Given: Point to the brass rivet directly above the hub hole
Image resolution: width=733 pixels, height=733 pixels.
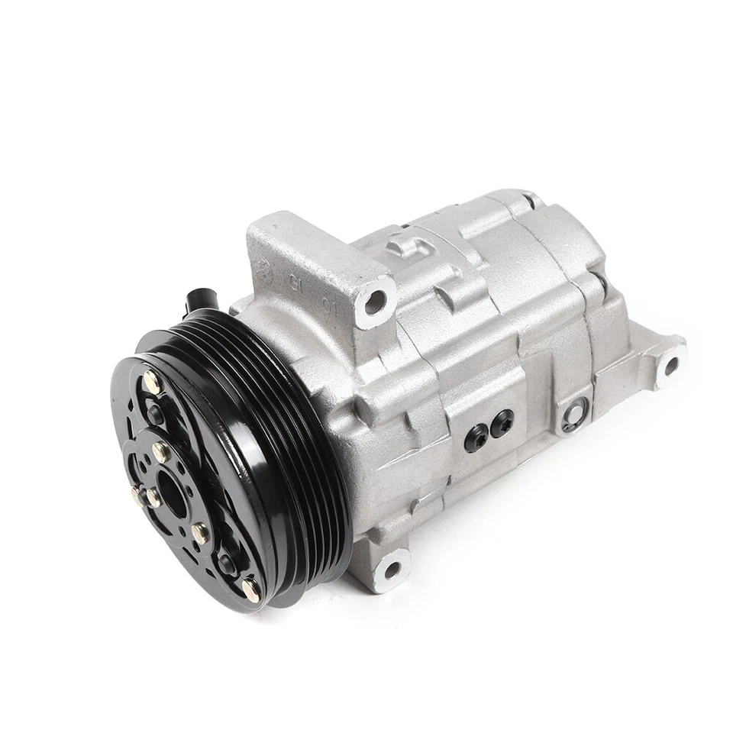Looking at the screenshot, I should [160, 451].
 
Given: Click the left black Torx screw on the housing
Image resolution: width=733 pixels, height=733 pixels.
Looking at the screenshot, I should [475, 438].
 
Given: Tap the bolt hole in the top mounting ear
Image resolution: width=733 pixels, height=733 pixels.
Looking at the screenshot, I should [374, 303].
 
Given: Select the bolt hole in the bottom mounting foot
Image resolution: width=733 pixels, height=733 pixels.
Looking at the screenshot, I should [392, 569].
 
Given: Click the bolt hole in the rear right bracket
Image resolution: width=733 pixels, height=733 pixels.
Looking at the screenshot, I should [670, 366].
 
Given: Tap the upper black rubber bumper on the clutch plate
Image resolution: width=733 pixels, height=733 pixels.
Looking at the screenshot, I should [155, 415].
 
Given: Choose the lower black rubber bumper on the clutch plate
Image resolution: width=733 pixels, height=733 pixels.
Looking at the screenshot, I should [227, 563].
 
